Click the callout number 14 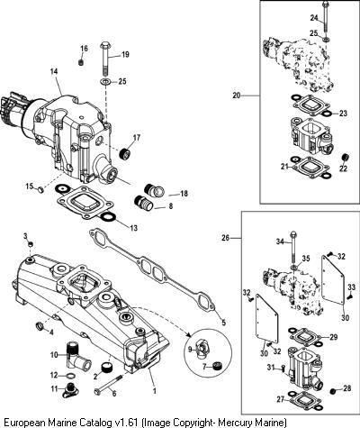coord(54,72)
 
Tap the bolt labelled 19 coord(105,59)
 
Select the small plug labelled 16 coord(81,62)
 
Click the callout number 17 coord(137,138)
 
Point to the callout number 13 coord(133,228)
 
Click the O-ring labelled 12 coord(69,376)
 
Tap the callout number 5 coord(223,323)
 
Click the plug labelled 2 coord(106,368)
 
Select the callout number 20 coord(237,96)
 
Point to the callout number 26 coord(225,238)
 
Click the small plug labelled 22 coord(346,158)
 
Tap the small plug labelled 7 coord(216,366)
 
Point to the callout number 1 coord(155,391)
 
